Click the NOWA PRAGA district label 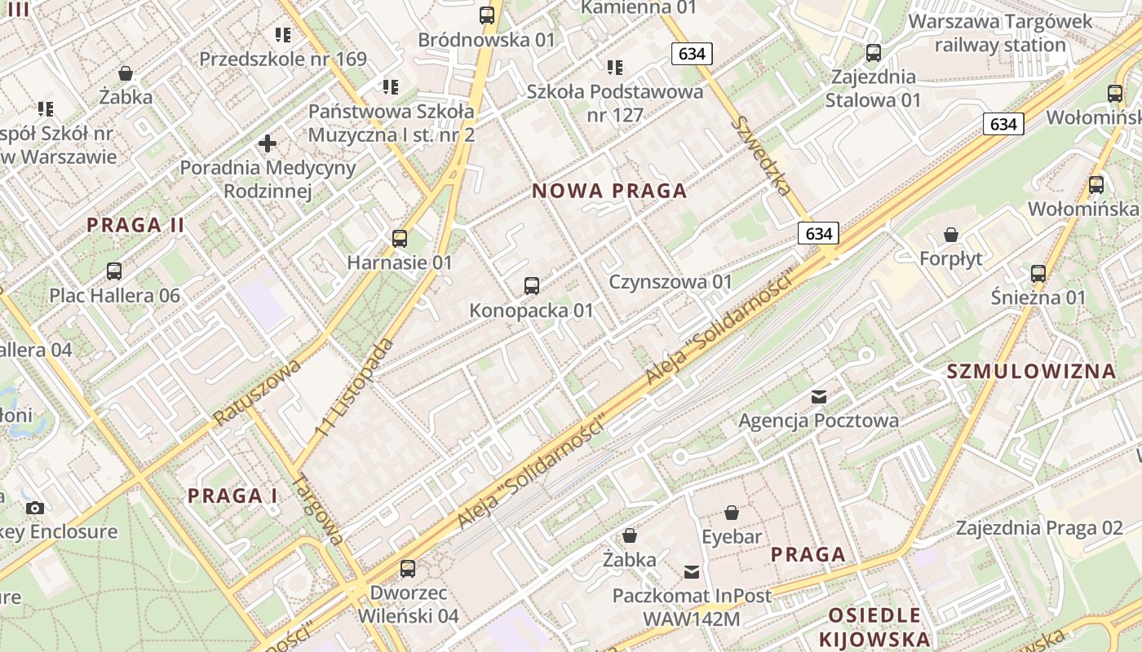coord(609,192)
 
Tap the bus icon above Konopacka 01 coord(532,285)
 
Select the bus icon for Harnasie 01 coord(400,238)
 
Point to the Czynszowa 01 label coord(671,282)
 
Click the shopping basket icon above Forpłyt coord(951,235)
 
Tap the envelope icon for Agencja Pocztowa coord(819,397)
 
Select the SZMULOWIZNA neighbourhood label coord(1031,372)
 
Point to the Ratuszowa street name coord(257,392)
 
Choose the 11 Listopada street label coord(354,387)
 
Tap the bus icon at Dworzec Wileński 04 coord(408,568)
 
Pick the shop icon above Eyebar coord(732,513)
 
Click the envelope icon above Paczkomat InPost coord(692,571)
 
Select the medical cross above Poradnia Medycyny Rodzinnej coord(268,144)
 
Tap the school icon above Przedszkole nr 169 coord(283,35)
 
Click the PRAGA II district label coord(136,225)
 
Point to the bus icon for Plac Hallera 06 coord(114,271)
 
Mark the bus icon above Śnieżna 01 coord(1038,273)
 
